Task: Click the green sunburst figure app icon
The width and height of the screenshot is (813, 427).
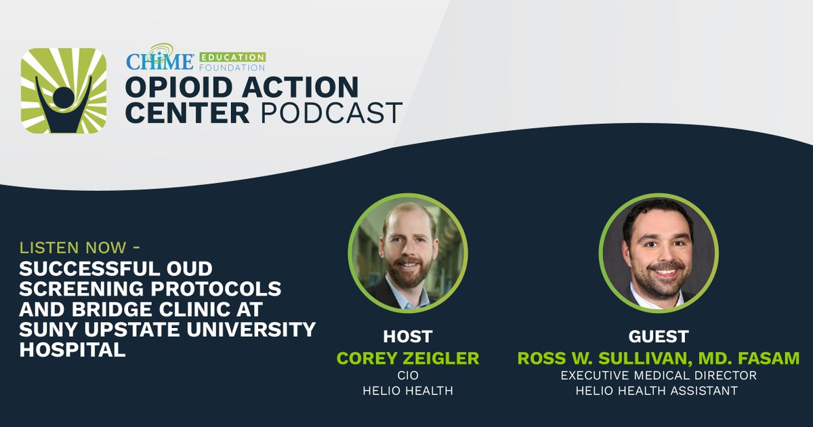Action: (63, 91)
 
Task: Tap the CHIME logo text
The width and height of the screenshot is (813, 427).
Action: (150, 60)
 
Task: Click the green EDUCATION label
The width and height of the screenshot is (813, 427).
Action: (232, 57)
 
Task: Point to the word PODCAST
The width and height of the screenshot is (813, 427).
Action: (332, 113)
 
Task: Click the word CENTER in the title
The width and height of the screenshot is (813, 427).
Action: (188, 113)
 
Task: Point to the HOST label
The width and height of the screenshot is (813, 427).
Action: (408, 337)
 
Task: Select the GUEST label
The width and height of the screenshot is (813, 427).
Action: (658, 337)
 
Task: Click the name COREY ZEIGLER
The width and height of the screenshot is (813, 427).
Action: (408, 357)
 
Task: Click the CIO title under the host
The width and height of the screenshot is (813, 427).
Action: (408, 375)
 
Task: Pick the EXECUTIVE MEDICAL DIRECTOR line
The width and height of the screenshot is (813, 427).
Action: (657, 375)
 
